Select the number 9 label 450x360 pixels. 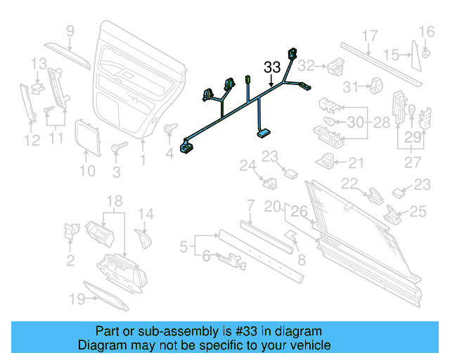[x=70, y=30]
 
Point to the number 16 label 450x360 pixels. [x=427, y=31]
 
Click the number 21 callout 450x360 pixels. [x=356, y=163]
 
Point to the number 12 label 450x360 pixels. [x=32, y=141]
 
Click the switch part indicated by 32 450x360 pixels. [x=333, y=66]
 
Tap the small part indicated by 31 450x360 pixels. [x=377, y=85]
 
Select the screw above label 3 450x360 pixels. [x=117, y=148]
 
